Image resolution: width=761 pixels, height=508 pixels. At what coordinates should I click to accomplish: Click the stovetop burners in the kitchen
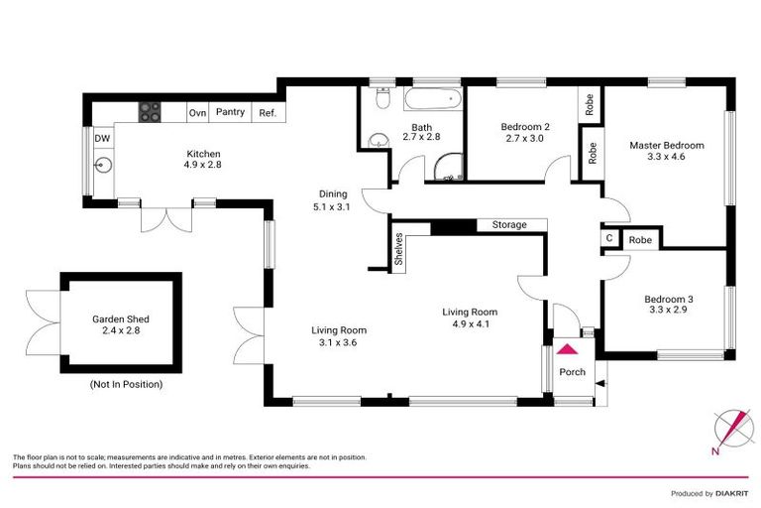click(149, 112)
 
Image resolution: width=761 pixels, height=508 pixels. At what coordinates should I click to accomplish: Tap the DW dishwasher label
click(102, 139)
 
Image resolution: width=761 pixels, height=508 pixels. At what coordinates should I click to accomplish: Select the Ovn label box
click(197, 112)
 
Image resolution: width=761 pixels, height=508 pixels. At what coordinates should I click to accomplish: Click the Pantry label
click(231, 112)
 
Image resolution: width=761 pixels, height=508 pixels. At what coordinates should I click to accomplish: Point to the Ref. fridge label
click(267, 113)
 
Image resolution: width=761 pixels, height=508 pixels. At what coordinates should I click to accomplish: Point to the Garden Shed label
click(121, 319)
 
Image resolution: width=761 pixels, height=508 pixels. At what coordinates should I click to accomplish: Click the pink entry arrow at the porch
click(568, 348)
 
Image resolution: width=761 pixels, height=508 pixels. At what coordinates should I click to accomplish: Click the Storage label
click(509, 225)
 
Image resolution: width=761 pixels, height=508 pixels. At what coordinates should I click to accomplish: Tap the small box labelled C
click(607, 239)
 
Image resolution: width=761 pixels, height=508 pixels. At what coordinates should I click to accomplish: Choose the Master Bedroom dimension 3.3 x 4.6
click(666, 157)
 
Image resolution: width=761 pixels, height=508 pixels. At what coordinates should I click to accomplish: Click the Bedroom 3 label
click(668, 299)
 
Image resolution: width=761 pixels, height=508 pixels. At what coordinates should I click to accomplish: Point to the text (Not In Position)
click(126, 383)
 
